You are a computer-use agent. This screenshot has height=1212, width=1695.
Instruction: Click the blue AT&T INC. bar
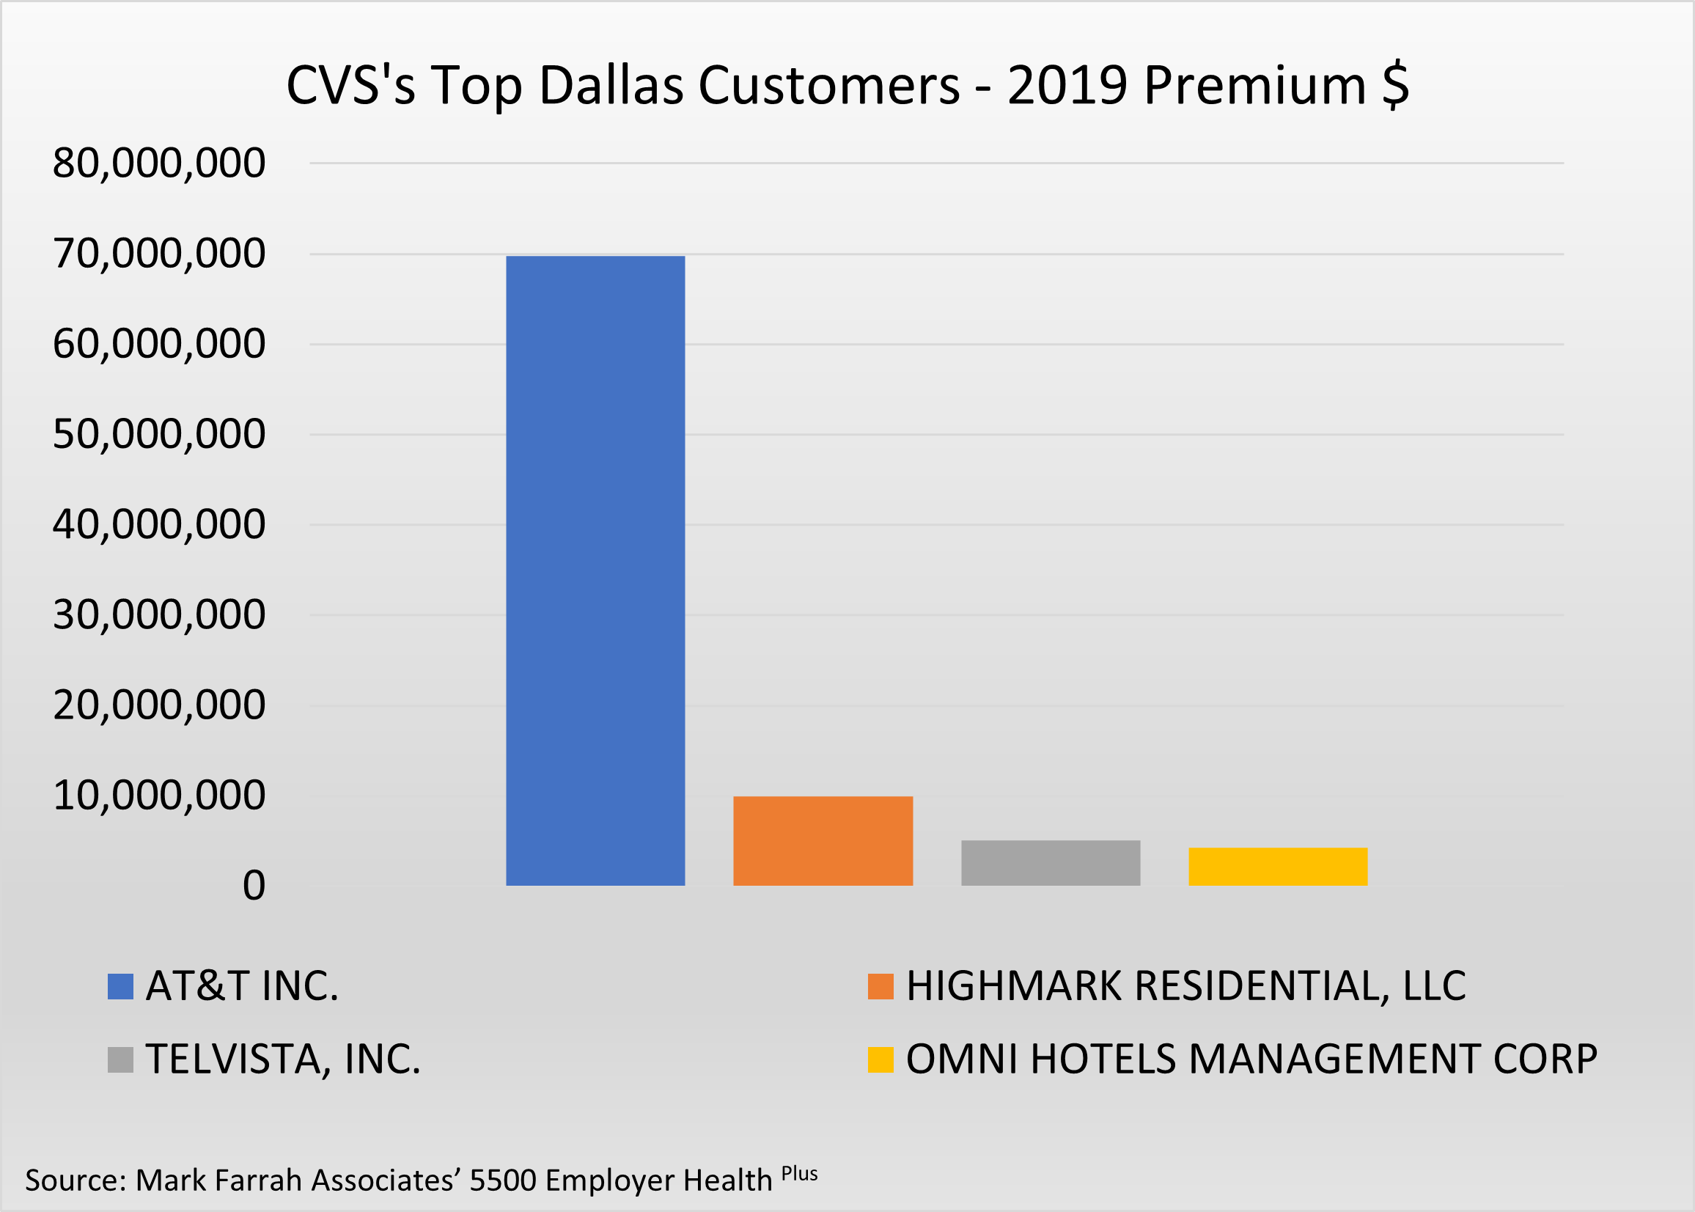595,570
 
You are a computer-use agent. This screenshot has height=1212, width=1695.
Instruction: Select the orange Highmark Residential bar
823,840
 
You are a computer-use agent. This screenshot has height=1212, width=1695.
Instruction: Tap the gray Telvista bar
1051,863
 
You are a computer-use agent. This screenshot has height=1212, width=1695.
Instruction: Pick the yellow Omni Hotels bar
1278,867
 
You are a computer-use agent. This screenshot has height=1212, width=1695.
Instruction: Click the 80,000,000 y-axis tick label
159,163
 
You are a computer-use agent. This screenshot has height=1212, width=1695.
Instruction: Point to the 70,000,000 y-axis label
159,254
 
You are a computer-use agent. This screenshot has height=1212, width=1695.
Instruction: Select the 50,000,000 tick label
159,434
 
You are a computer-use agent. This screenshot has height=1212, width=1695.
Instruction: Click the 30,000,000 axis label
159,615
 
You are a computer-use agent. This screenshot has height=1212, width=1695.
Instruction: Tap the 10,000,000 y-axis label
159,796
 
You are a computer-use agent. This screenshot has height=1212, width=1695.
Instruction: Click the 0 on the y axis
254,886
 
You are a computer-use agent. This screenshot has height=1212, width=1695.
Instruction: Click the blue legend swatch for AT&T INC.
120,987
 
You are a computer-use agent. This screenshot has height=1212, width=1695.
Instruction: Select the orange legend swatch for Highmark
880,987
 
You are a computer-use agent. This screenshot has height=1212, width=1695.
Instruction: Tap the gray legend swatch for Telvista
120,1059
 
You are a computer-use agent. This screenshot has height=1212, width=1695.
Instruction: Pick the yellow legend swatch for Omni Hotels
880,1059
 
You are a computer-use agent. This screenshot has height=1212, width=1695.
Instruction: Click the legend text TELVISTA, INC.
283,1059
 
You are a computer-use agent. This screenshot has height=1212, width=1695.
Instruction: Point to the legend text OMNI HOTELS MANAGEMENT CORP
1252,1059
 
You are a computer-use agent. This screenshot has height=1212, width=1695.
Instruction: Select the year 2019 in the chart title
1067,85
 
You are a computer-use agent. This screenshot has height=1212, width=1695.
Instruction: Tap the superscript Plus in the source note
800,1174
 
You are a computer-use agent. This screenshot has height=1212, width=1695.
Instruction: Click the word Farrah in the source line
260,1180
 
